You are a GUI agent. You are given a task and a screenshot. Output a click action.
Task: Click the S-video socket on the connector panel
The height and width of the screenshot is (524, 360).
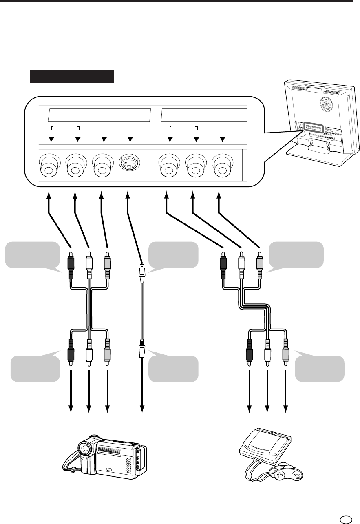click(x=130, y=164)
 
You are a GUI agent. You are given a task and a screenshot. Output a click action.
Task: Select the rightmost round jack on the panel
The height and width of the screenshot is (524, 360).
click(x=222, y=165)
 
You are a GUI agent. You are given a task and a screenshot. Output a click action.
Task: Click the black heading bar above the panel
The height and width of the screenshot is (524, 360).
click(x=72, y=76)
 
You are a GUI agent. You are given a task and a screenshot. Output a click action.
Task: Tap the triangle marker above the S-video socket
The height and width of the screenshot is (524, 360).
click(x=130, y=139)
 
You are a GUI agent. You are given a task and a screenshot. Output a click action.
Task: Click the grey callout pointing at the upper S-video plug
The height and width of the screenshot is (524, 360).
click(x=173, y=256)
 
